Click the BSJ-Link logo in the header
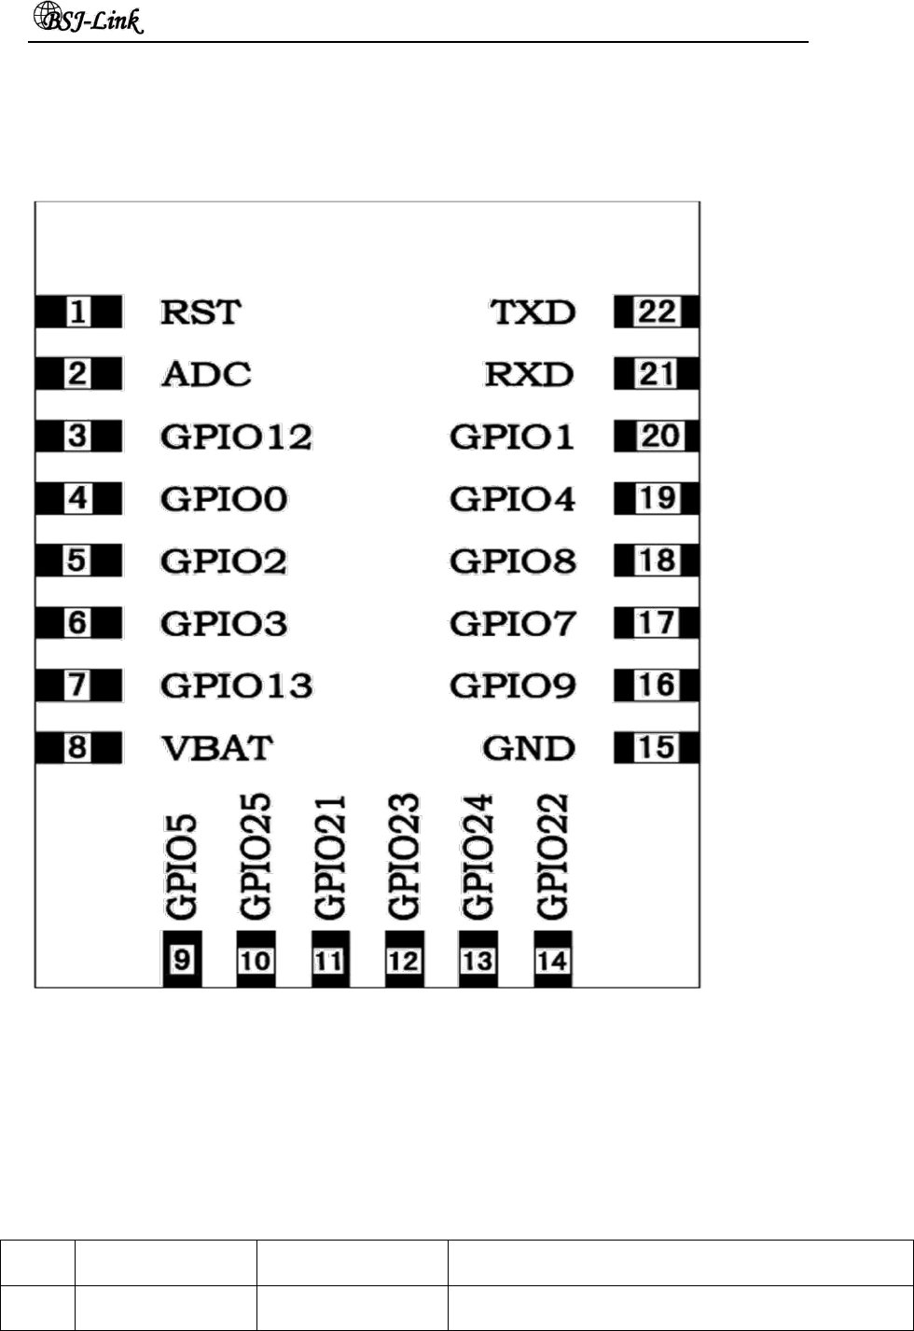(x=90, y=20)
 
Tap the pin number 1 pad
(x=78, y=312)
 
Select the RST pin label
(x=200, y=312)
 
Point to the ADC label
(x=205, y=374)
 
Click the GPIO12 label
(x=236, y=437)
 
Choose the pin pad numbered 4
(x=78, y=499)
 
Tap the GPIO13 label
(x=236, y=686)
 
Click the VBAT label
(x=216, y=748)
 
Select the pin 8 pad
(x=78, y=748)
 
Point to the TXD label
(x=533, y=312)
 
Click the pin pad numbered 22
(x=657, y=312)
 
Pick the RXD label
(x=530, y=374)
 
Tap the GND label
(x=529, y=748)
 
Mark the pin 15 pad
(x=657, y=748)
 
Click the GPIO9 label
(x=512, y=686)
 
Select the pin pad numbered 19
(x=657, y=499)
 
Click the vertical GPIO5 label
(x=181, y=867)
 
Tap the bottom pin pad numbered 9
(x=181, y=959)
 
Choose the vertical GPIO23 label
(x=404, y=855)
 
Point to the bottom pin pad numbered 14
(x=552, y=959)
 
